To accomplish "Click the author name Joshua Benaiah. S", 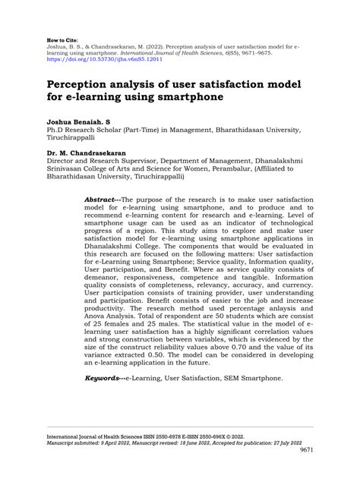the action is pos(77,121).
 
